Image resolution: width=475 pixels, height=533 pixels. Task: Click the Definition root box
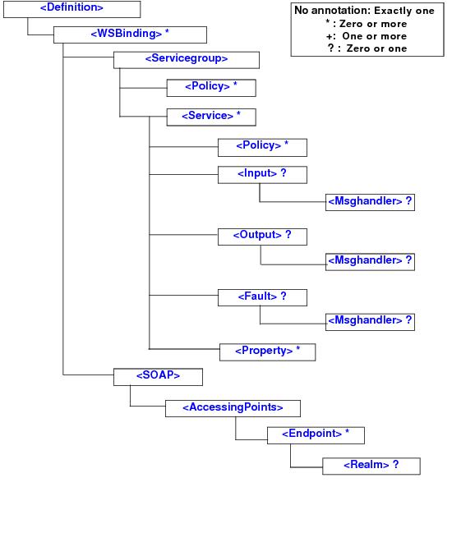[x=71, y=9]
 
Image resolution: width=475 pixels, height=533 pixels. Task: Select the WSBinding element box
[x=130, y=34]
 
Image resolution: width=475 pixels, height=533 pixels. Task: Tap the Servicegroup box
[x=186, y=59]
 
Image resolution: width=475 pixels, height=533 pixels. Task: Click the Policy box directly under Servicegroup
[x=210, y=87]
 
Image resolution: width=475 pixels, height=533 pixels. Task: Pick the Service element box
[x=210, y=116]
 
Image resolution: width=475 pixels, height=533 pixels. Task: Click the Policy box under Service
[x=261, y=146]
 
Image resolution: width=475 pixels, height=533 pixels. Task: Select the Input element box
[x=261, y=174]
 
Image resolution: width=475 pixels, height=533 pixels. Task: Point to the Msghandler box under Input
[x=370, y=202]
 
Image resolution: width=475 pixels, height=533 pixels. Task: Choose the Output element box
[x=262, y=236]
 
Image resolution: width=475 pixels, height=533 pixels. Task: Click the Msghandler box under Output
[x=370, y=261]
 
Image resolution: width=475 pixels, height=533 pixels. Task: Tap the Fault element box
[x=261, y=296]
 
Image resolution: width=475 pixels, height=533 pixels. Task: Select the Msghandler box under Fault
[x=370, y=321]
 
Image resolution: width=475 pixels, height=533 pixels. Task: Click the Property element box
[x=267, y=352]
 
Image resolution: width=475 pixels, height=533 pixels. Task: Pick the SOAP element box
[x=158, y=376]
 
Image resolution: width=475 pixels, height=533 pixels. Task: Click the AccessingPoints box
[x=233, y=407]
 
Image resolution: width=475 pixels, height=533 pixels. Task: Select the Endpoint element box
[x=316, y=434]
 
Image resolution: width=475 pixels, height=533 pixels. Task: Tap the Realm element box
[x=370, y=466]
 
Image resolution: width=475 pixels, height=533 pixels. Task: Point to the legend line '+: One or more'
[x=366, y=36]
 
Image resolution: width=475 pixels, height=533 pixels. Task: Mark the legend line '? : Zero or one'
[x=366, y=48]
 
